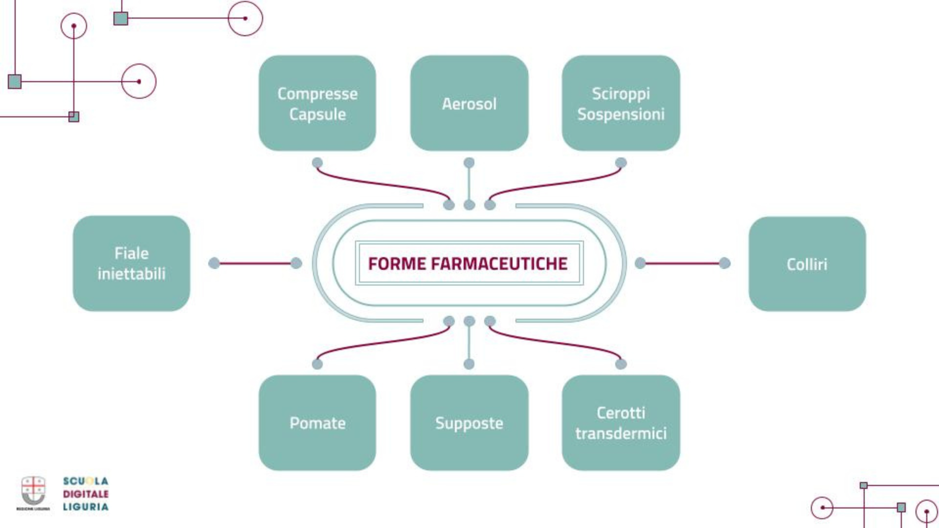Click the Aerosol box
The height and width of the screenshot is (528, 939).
[469, 103]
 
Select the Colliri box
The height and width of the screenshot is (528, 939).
[806, 264]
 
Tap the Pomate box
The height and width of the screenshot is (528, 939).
[317, 423]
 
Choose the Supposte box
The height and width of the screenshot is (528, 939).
[469, 423]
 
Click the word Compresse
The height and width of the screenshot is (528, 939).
[317, 93]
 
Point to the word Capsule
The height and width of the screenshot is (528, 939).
[317, 114]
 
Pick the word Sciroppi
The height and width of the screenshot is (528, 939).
[621, 93]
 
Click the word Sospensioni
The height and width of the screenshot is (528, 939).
[621, 114]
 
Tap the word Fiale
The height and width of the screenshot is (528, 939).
[131, 253]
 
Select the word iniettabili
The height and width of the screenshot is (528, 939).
[131, 274]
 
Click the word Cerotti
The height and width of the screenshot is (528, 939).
[621, 413]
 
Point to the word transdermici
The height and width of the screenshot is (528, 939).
[621, 434]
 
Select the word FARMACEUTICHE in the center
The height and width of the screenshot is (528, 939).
[499, 264]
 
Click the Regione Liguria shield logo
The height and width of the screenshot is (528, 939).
[33, 491]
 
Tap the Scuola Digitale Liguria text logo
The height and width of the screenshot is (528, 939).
[86, 494]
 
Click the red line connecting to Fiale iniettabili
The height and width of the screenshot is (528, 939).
[255, 264]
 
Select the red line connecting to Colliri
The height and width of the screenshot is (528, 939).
[683, 264]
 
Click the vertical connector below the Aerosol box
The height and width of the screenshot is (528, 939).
[469, 184]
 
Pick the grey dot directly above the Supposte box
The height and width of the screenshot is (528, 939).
[469, 364]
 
